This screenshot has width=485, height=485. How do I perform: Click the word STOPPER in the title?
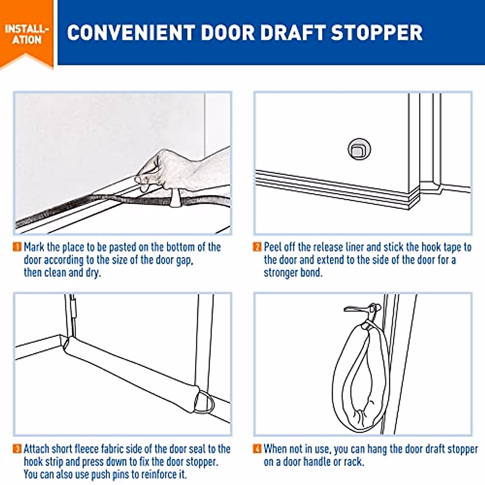[377, 32]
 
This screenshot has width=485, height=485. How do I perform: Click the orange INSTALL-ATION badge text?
[27, 34]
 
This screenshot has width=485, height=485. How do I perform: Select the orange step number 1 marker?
[17, 247]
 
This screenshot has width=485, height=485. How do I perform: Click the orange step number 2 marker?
[257, 247]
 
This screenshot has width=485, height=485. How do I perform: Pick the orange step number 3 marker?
[17, 449]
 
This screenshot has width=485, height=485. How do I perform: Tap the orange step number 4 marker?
[257, 449]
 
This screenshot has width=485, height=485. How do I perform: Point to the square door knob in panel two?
[359, 150]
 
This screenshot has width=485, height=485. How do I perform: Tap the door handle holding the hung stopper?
[363, 309]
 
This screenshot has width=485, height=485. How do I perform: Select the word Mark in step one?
[34, 247]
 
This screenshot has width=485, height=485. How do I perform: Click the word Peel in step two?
[273, 247]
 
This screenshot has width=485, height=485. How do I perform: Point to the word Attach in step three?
[38, 449]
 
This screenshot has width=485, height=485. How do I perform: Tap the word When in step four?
[276, 449]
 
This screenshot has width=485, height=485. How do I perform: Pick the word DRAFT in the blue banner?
[293, 32]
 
